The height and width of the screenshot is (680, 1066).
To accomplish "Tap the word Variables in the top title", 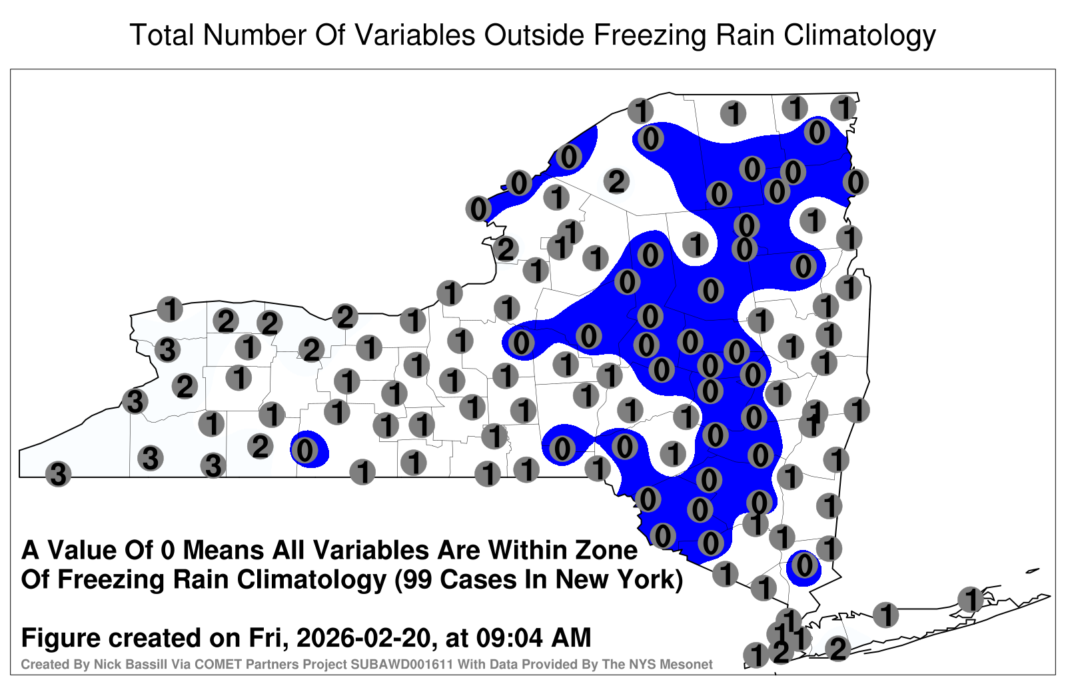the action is coord(414,35).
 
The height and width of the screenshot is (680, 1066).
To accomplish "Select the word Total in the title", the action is coord(162,35).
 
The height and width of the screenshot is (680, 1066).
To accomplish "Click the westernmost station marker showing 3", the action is coord(58,474).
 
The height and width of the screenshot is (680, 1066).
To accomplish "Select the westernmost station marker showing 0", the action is coord(304,450).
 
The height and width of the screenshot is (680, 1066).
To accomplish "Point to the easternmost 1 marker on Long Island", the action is coord(970,599).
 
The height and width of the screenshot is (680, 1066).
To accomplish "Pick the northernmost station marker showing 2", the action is coord(616,181).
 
